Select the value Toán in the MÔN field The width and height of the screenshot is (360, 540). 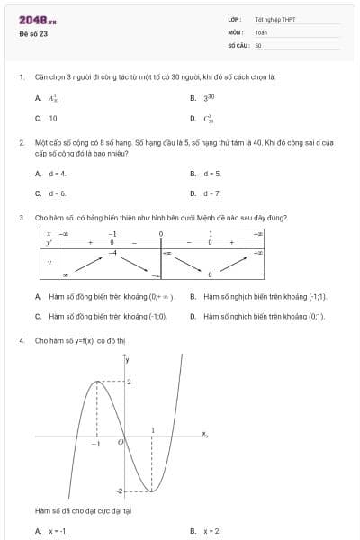coord(261,31)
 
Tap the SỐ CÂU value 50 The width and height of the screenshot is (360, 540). coord(258,44)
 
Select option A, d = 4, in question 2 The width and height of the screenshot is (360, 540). coord(58,173)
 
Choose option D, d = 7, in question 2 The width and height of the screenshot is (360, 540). coord(211,193)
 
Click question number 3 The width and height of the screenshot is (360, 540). coord(21,218)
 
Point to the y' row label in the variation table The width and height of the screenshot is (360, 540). coord(47,241)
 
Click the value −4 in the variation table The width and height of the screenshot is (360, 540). coord(113,252)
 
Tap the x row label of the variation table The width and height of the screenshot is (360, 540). coord(47,232)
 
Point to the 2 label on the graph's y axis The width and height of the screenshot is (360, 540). coord(129,382)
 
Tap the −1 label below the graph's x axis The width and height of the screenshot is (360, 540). coord(96,445)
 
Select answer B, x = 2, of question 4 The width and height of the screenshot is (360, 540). coord(211,531)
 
